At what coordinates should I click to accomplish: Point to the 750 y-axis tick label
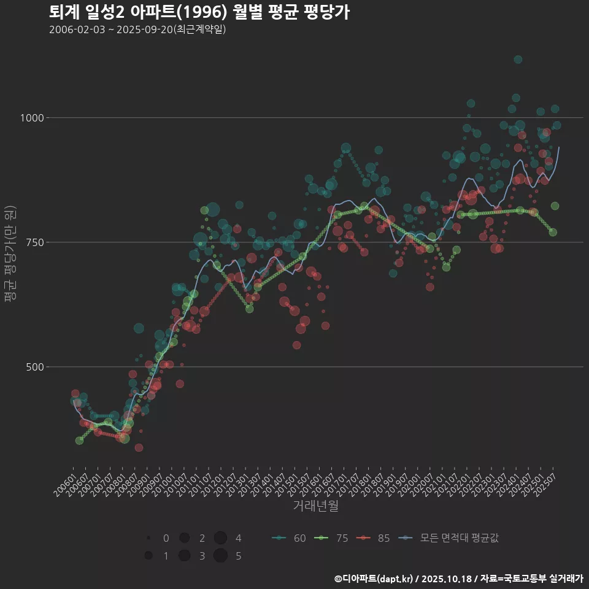click(36, 242)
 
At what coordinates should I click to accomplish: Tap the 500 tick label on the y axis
click(36, 367)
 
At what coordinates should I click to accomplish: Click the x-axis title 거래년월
click(315, 506)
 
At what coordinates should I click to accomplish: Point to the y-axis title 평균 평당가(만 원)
click(10, 255)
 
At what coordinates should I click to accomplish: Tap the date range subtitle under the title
click(137, 29)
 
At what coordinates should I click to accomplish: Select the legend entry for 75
click(332, 538)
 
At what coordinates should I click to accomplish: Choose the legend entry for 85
click(374, 538)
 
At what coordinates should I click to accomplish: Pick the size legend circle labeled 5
click(221, 556)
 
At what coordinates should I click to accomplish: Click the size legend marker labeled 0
click(148, 538)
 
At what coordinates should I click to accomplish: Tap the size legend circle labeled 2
click(184, 538)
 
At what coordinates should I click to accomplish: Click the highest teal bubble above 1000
click(518, 60)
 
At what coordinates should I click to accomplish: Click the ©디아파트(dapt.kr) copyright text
click(374, 579)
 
